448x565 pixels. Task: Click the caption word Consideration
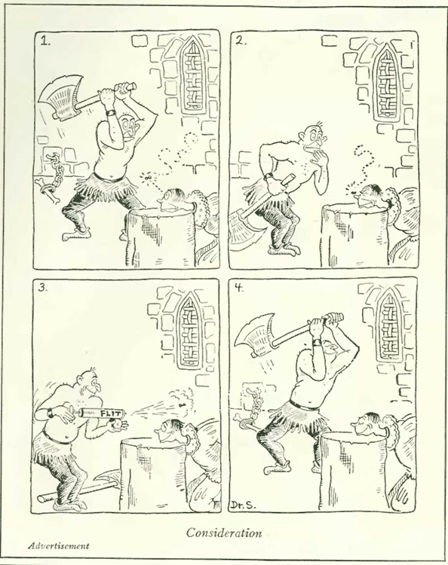(x=224, y=533)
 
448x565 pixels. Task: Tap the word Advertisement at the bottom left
(x=58, y=545)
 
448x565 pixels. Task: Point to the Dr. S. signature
(x=245, y=505)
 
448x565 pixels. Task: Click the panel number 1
(x=44, y=41)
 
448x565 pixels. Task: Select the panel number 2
(x=241, y=41)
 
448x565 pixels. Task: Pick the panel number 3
(x=43, y=288)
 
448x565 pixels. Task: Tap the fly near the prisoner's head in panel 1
(x=148, y=178)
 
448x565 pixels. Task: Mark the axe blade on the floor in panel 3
(x=108, y=480)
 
